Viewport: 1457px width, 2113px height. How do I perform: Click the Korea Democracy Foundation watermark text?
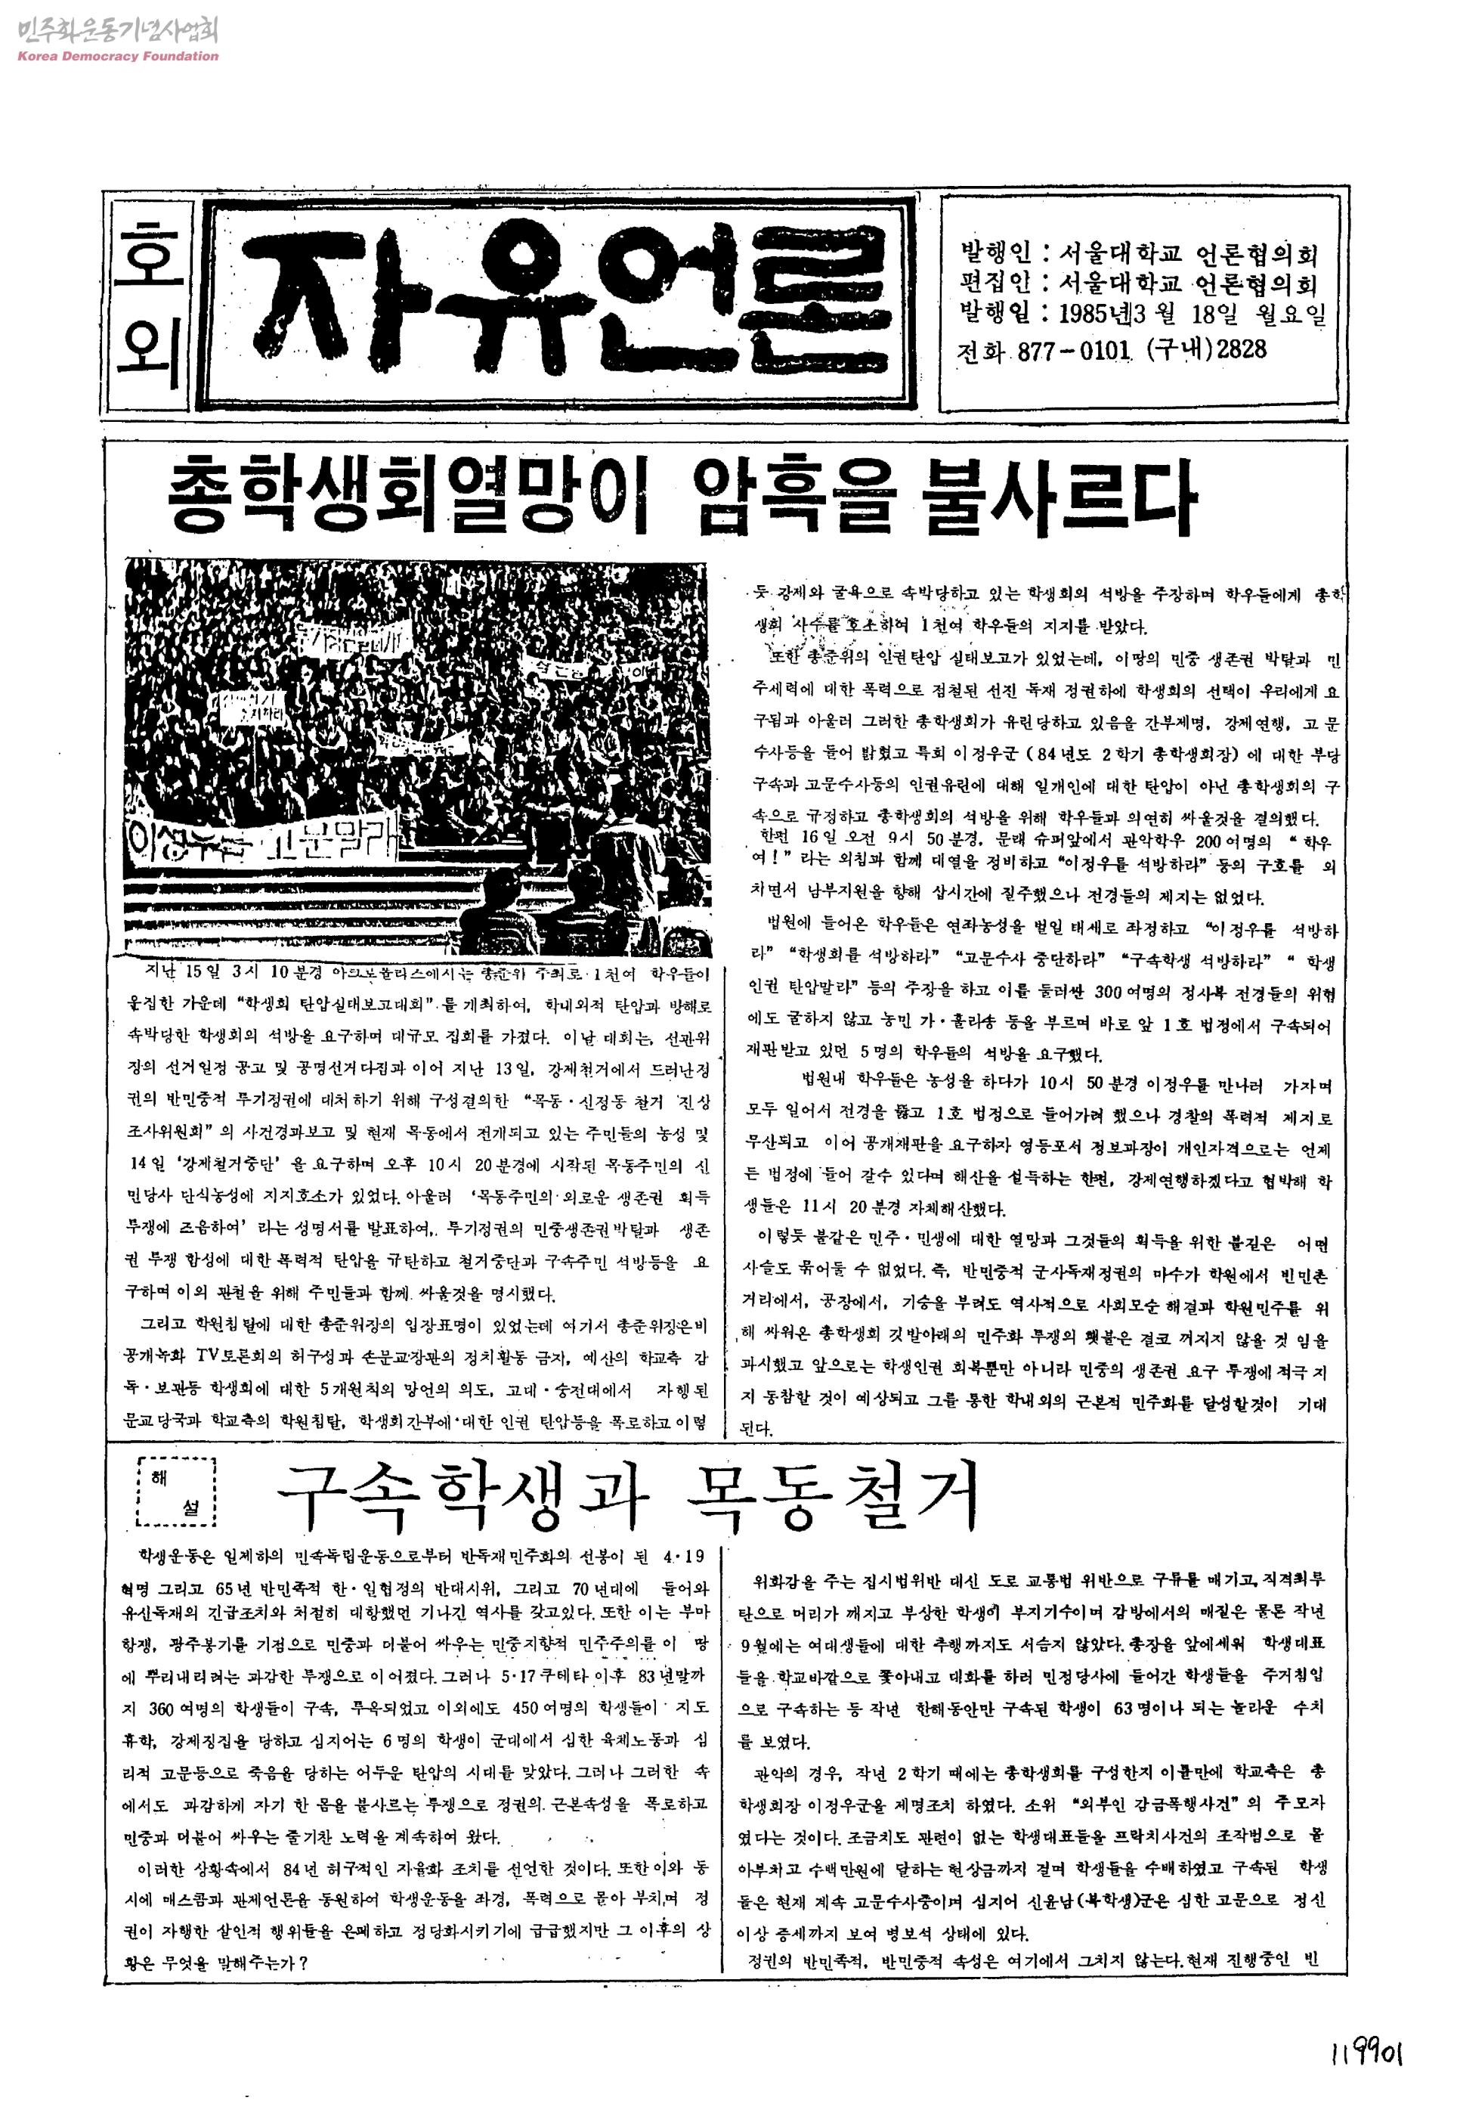click(x=118, y=56)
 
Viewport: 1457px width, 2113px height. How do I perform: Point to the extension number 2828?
click(x=1242, y=349)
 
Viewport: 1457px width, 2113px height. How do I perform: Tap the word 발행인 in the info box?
click(x=996, y=253)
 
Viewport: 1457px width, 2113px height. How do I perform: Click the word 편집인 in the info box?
click(x=996, y=284)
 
